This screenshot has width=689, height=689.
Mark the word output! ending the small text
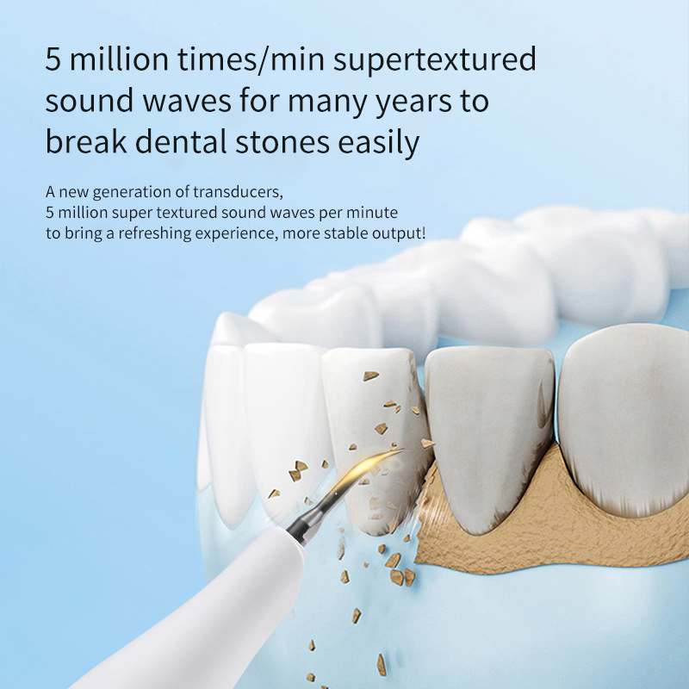(400, 233)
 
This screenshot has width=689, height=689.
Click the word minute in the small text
(376, 213)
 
